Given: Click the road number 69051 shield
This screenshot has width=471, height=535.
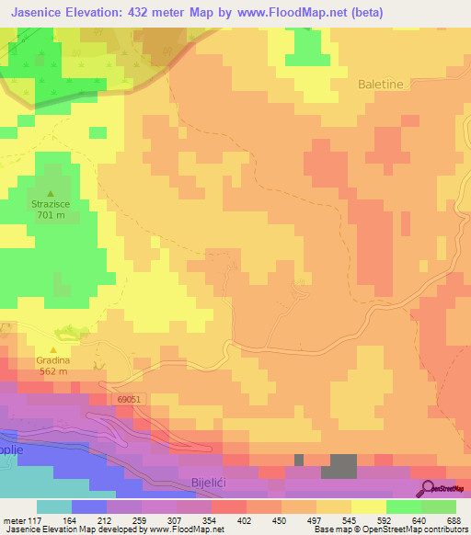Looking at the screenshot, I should click(130, 400).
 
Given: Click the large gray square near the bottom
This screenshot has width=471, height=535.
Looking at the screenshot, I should click(344, 466).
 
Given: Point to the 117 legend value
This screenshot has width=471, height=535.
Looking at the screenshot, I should click(34, 519).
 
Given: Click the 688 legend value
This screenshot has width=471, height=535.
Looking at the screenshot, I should click(453, 519).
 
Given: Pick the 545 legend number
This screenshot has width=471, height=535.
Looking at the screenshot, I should click(348, 519).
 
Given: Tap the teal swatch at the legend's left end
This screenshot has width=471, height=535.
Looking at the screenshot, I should click(53, 507).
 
